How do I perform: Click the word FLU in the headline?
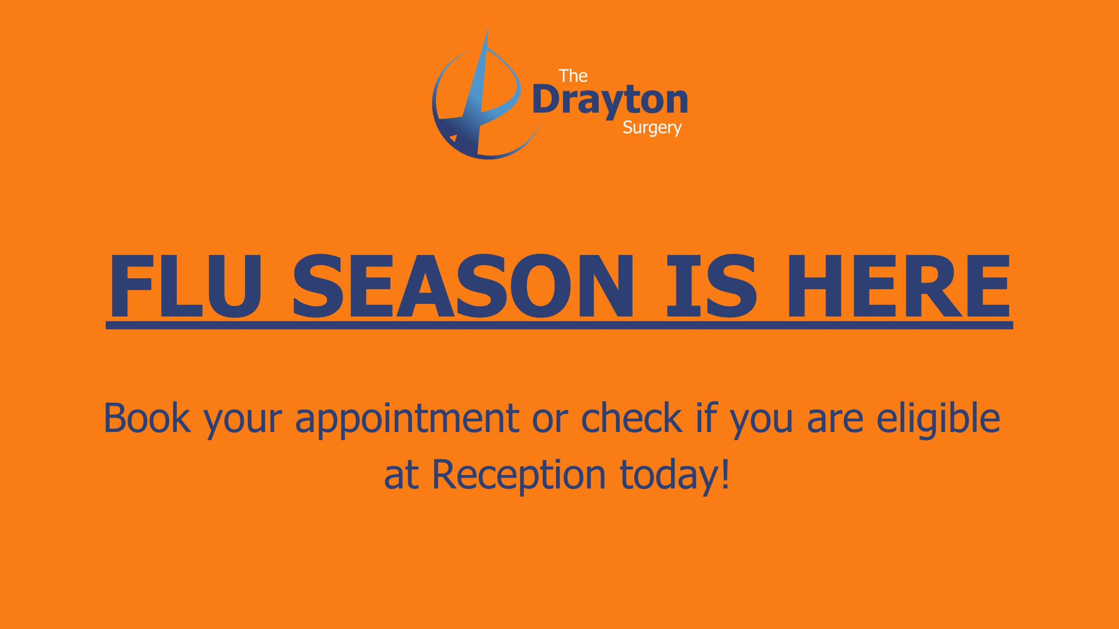(x=186, y=286)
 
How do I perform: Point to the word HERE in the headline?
(x=899, y=286)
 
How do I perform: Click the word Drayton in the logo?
(x=610, y=101)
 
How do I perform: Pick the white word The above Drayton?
(x=573, y=76)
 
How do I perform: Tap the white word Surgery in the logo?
(x=652, y=128)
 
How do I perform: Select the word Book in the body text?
(x=147, y=418)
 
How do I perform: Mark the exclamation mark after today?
(x=726, y=473)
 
